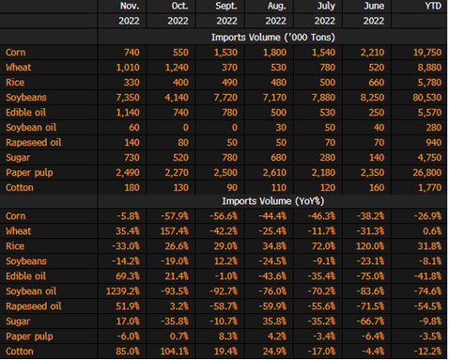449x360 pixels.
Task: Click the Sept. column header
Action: tap(226, 6)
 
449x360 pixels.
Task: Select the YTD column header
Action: tap(433, 6)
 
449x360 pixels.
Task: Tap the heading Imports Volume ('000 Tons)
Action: tap(273, 38)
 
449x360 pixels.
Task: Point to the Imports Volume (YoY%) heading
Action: tap(273, 201)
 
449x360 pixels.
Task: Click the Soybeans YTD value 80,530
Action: tap(427, 98)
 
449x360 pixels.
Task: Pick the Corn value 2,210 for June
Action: tap(372, 53)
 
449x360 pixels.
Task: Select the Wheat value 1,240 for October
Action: tap(177, 68)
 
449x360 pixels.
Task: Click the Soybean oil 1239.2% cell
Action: tap(123, 291)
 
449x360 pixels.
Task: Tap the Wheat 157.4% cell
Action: tap(175, 231)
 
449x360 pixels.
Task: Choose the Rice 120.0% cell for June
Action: tap(370, 246)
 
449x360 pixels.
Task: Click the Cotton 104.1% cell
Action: tap(175, 352)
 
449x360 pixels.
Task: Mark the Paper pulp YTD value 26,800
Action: tap(427, 173)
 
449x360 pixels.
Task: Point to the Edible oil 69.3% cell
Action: tap(128, 276)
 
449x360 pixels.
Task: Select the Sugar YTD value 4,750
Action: tap(429, 158)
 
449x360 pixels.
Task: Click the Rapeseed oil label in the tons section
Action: tap(34, 143)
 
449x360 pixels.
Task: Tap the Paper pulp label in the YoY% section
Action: tap(29, 337)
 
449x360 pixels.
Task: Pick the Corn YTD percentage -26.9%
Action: tap(427, 216)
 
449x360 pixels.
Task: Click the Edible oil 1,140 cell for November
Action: tap(128, 113)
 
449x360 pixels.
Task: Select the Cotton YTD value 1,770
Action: tap(429, 188)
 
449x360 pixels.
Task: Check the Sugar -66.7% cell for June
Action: tap(370, 321)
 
